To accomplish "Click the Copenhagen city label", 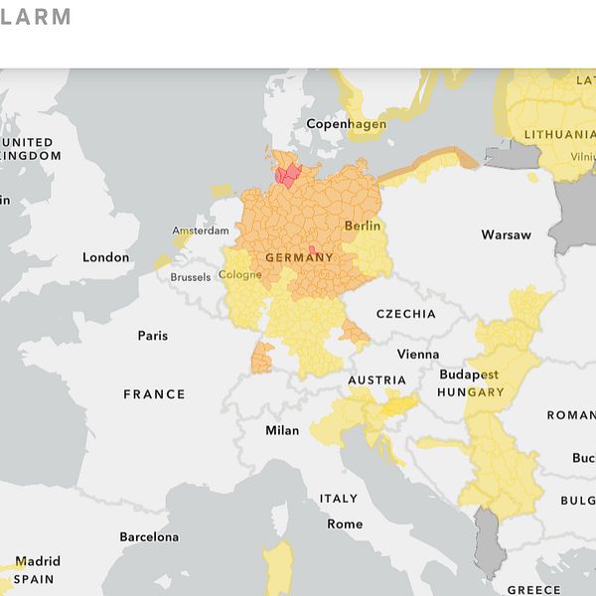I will (346, 124).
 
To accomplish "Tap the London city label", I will (105, 257).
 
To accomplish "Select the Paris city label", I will (153, 336).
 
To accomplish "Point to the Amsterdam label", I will (200, 230).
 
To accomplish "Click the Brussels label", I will (191, 277).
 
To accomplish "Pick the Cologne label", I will (240, 275).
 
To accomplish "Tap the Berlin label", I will (363, 226).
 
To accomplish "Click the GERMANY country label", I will (299, 258).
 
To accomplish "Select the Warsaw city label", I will (506, 235).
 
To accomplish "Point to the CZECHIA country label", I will (405, 314).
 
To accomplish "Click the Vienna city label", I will (417, 355).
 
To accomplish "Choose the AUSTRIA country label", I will (376, 380).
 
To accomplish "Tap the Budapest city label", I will (469, 375).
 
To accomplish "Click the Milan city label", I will (282, 431).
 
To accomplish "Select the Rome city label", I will (345, 523).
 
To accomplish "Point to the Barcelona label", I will (149, 537).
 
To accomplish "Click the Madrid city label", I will (37, 561).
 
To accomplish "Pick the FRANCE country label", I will (154, 394).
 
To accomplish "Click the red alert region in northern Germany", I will (290, 177).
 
